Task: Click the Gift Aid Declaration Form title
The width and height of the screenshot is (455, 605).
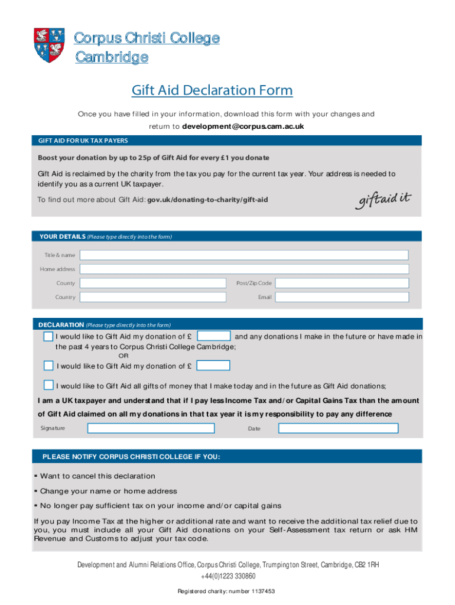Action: (x=212, y=90)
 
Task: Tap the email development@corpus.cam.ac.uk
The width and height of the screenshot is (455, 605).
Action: (x=243, y=127)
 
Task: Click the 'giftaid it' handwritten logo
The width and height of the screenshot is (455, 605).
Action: (x=383, y=200)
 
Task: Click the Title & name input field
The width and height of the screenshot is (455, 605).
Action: (x=244, y=255)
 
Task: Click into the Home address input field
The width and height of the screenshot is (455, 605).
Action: (x=244, y=269)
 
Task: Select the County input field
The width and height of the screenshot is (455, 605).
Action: (x=154, y=283)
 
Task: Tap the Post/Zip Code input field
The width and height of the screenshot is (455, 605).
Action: (x=343, y=283)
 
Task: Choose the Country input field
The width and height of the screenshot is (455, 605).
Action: (x=154, y=297)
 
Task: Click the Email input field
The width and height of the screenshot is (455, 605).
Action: (x=343, y=297)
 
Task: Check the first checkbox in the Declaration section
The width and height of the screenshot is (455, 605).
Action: (x=48, y=337)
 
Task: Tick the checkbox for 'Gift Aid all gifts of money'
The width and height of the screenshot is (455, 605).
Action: (x=48, y=385)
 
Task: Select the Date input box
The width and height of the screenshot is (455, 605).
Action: (x=343, y=428)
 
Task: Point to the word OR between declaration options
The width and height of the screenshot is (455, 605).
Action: (x=123, y=356)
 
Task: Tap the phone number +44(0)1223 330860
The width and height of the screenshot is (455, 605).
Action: (x=227, y=576)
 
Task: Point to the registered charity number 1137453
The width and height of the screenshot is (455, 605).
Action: (x=227, y=591)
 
